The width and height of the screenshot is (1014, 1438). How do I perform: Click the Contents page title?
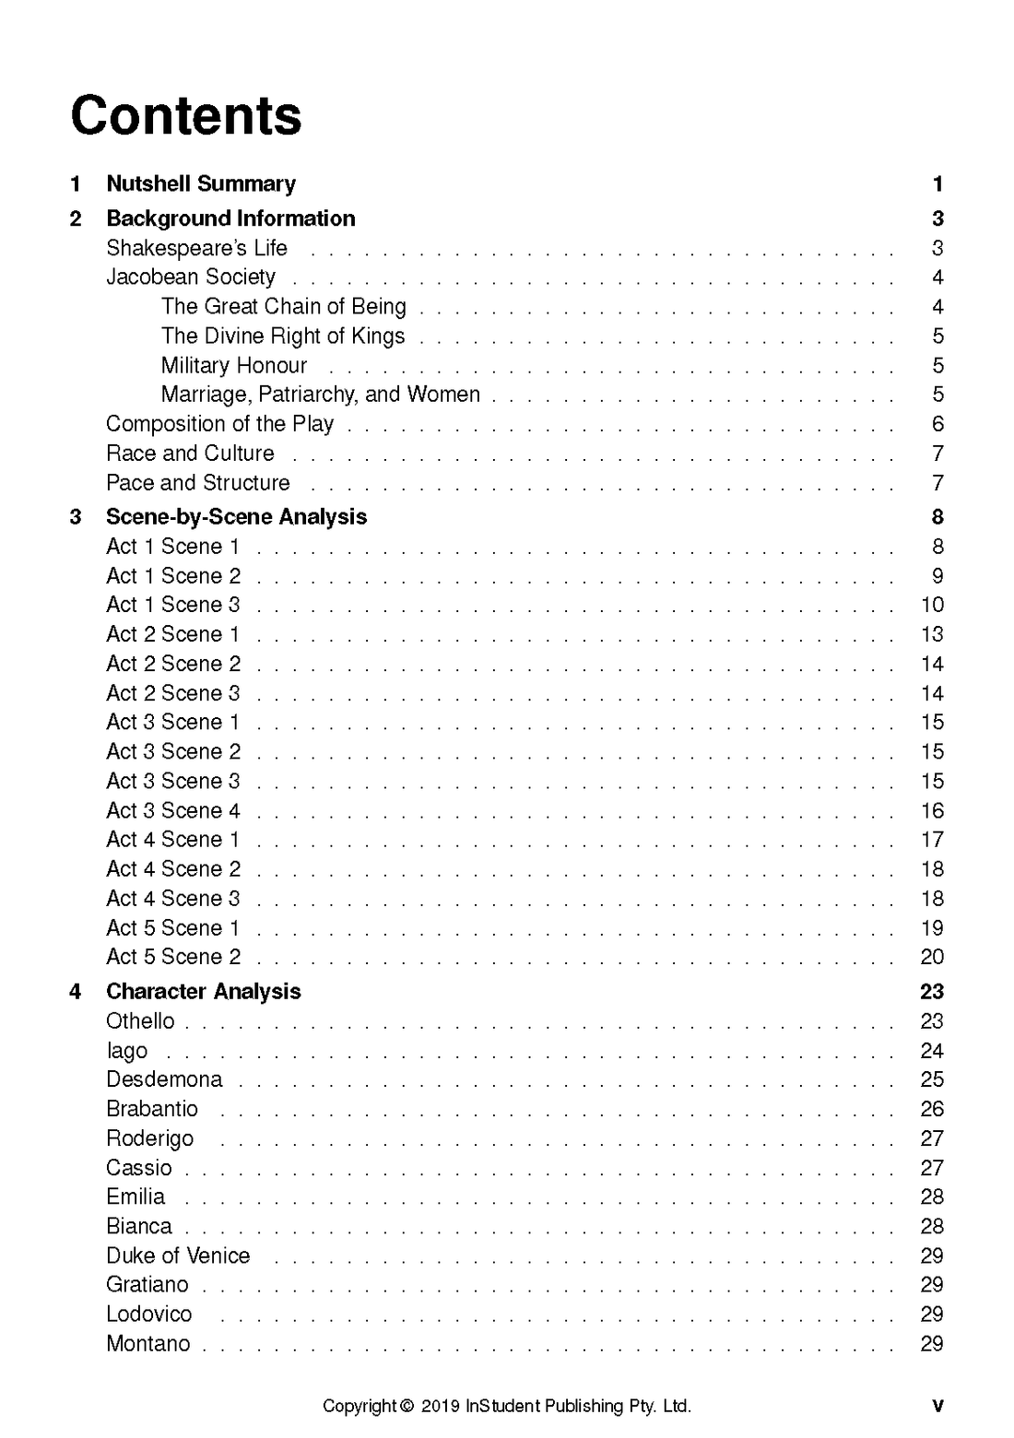pos(185,116)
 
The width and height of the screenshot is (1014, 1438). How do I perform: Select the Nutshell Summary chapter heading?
pos(201,183)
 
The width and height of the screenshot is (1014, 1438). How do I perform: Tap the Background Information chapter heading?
pos(230,218)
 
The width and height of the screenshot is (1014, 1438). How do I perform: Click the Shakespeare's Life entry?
pos(196,248)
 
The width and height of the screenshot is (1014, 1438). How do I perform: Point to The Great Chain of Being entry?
pos(283,306)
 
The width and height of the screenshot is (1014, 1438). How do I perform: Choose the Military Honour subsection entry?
pos(234,365)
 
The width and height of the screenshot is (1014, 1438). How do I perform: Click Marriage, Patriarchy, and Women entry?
pos(320,395)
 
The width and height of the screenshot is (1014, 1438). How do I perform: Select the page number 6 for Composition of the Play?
pos(937,424)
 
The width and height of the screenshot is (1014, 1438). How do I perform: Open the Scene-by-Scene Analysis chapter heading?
pos(236,517)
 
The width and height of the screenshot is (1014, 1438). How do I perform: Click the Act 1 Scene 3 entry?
pos(173,605)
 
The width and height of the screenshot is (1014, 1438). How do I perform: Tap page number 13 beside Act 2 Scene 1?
pos(932,634)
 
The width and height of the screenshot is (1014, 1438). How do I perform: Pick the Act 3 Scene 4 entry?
pos(173,810)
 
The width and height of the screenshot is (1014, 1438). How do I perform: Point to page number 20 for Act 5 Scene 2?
pos(932,957)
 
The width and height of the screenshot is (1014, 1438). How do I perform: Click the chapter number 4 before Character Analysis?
pos(76,992)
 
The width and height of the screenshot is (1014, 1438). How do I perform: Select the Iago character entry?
pos(126,1051)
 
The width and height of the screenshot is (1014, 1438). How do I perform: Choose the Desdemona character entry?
pos(164,1079)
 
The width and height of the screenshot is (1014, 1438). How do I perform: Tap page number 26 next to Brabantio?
pos(932,1109)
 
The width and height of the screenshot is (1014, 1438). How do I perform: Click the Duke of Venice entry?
pos(178,1255)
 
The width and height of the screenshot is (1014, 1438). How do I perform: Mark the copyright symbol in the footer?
pos(407,1407)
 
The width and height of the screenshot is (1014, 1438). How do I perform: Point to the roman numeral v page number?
pos(937,1407)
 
